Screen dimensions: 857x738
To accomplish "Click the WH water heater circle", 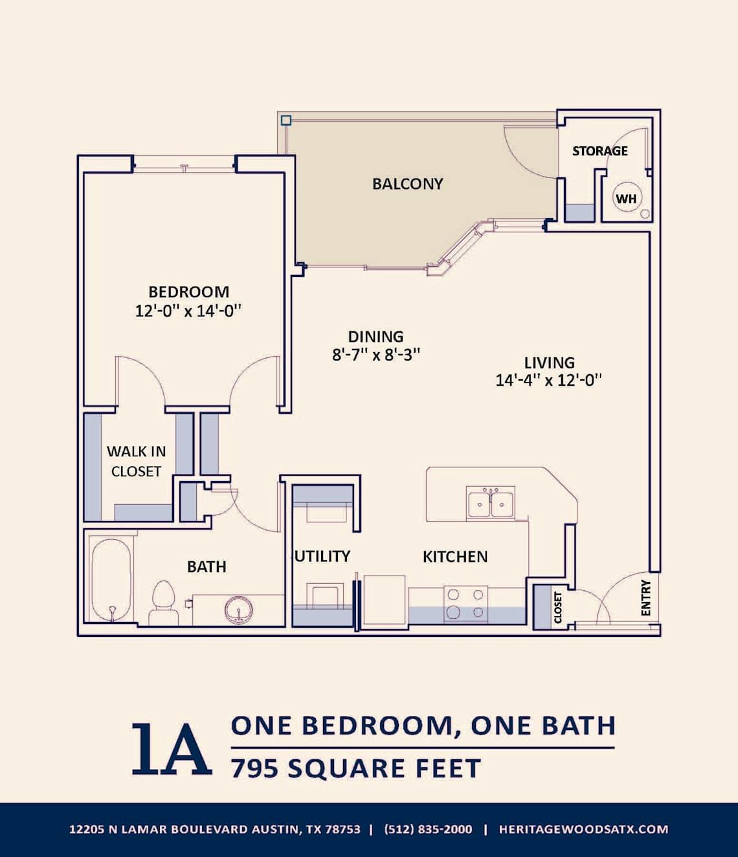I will point(626,199).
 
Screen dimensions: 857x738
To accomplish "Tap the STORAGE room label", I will point(599,151).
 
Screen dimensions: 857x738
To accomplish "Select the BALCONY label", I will point(408,184).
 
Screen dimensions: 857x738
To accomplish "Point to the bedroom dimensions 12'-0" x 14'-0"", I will point(188,311).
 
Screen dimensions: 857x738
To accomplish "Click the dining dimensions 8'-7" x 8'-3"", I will point(376,354).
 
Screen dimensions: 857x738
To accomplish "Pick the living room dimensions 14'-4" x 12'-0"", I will point(549,380).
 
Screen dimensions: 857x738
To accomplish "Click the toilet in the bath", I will point(163,602).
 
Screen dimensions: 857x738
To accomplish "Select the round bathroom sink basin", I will point(239,610).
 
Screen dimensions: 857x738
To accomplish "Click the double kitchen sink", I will point(490,504).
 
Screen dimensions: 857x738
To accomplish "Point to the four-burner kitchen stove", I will point(465,603).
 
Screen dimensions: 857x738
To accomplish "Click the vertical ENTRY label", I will point(645,598).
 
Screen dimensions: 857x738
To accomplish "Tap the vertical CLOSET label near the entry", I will point(558,608).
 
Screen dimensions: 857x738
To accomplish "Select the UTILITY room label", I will point(322,557).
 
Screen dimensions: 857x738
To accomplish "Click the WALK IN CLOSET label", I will point(136,461).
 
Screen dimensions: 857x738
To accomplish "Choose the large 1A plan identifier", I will point(172,749).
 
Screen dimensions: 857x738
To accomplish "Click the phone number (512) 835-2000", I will point(428,829).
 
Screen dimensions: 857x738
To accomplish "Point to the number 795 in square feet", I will point(255,769).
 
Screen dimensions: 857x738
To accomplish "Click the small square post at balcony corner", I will point(285,120).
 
